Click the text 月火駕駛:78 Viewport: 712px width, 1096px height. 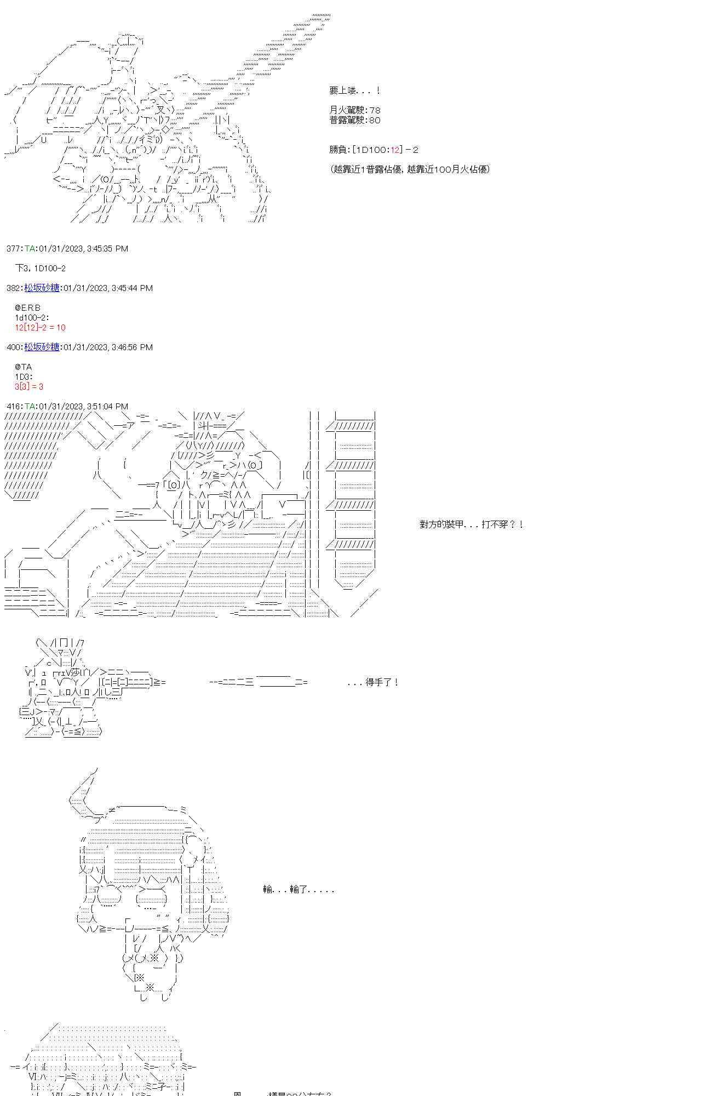coord(355,110)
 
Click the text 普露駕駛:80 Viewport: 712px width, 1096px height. coord(355,120)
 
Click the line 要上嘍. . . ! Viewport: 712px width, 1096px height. coord(355,90)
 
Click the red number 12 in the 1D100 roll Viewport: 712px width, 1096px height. coord(392,150)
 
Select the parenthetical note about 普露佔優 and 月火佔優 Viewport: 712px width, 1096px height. coord(410,169)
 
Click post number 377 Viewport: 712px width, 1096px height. coord(13,249)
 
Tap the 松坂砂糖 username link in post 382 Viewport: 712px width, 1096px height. coord(42,288)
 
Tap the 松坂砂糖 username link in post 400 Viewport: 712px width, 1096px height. coord(42,347)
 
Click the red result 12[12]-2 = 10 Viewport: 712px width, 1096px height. coord(40,328)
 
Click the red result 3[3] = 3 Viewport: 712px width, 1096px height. coord(29,387)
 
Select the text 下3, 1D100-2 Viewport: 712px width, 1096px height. coord(41,269)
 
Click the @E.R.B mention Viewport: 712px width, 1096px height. coord(27,308)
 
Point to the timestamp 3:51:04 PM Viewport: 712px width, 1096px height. coord(107,407)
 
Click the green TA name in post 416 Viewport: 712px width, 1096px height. coord(30,407)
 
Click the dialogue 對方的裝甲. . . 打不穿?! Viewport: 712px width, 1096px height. coord(471,524)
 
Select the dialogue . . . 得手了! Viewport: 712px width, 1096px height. coord(373,682)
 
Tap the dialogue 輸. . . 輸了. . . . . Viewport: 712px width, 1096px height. coord(298,889)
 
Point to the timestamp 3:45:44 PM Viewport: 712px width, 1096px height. coord(131,288)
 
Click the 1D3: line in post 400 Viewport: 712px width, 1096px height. coord(24,377)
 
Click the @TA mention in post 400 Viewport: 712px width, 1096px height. coord(23,367)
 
